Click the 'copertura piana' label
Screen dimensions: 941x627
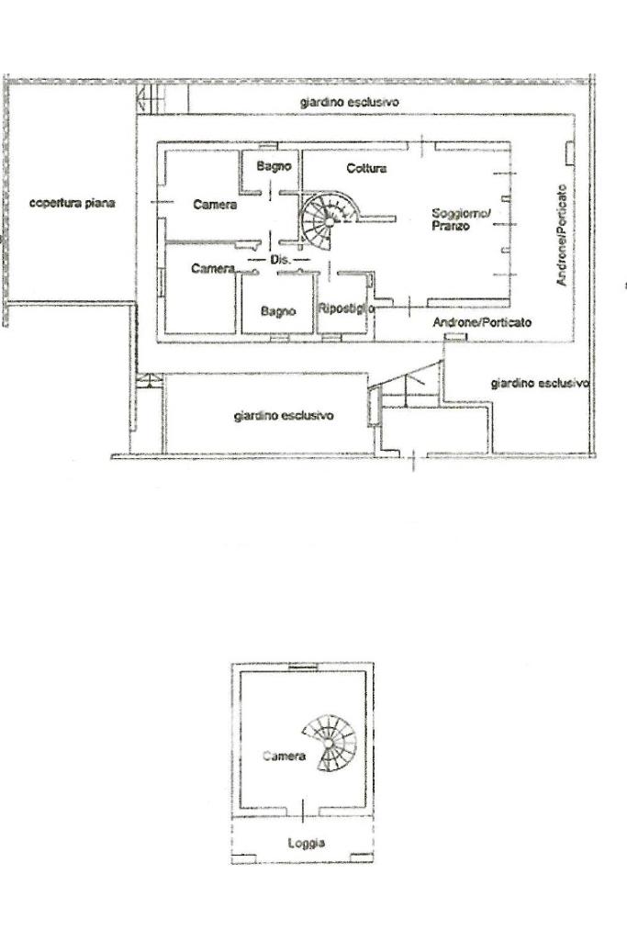tap(72, 203)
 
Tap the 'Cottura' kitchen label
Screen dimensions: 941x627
tap(366, 169)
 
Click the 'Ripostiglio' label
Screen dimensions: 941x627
tap(346, 309)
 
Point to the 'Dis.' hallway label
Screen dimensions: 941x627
tap(280, 261)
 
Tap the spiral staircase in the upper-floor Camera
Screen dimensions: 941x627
tap(332, 742)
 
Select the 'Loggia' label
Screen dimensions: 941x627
tap(306, 843)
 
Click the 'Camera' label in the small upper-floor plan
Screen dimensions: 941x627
tap(283, 756)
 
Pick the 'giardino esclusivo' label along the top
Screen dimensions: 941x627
tap(349, 103)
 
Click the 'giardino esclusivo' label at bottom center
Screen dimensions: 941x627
tap(284, 416)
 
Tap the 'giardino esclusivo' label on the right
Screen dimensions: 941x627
tap(540, 383)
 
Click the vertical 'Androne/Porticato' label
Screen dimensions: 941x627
tap(562, 233)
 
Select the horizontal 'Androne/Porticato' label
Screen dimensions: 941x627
tap(482, 323)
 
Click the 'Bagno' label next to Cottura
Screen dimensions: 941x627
tap(274, 167)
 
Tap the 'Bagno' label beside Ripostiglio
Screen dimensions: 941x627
tap(277, 312)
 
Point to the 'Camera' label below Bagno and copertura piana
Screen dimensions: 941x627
tap(215, 205)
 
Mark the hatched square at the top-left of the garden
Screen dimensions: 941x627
tap(153, 97)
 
